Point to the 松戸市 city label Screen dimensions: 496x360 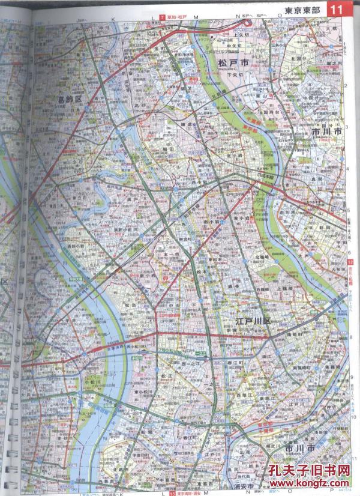[x=232, y=62]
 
